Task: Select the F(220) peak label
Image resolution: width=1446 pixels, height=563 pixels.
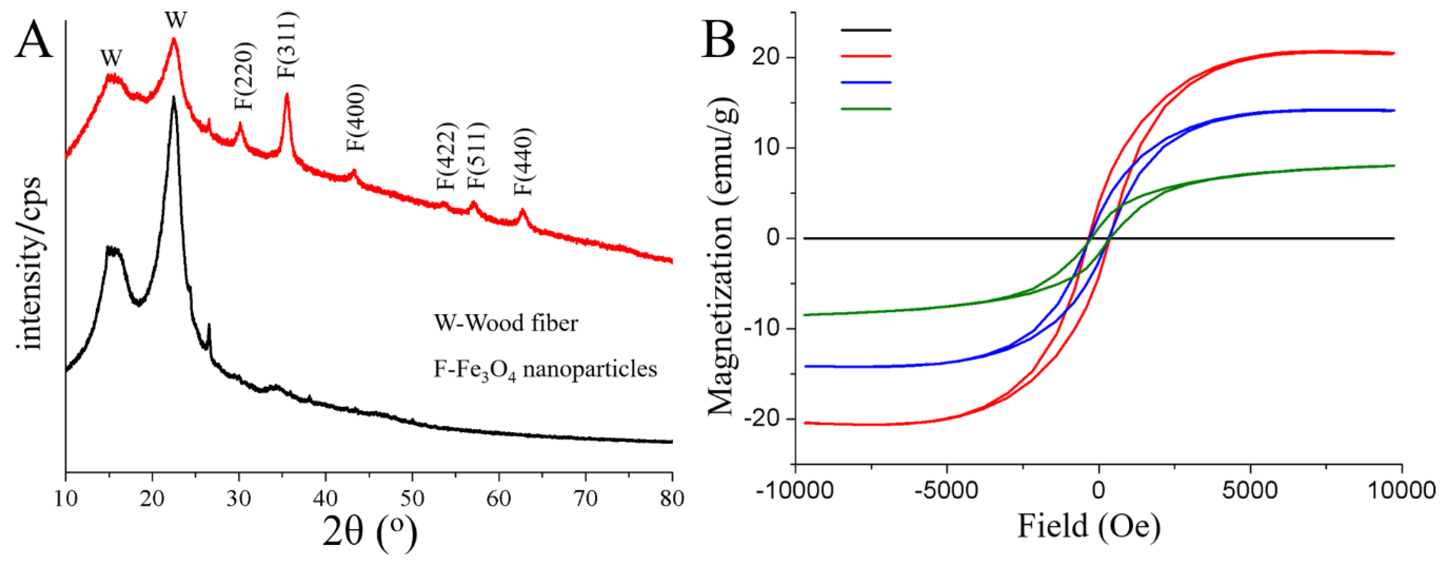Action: coord(245,76)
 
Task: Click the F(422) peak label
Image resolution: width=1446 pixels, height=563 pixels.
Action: coord(447,156)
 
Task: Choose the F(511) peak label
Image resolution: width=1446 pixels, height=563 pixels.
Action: coord(478,156)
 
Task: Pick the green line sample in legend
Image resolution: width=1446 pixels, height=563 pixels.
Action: coord(866,109)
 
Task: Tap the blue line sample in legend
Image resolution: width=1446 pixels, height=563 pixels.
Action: coord(866,83)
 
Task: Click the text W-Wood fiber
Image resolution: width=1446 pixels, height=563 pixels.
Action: coord(506,324)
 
